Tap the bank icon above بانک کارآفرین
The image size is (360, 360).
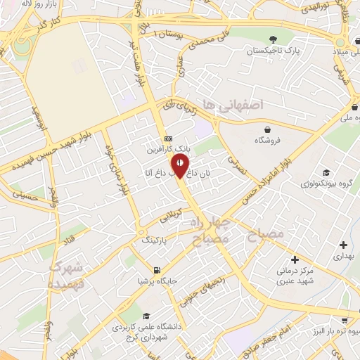167,138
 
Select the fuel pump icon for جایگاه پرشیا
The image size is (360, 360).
156,269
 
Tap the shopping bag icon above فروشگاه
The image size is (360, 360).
268,129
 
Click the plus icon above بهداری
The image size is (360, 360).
343,245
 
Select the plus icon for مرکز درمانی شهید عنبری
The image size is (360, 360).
303,258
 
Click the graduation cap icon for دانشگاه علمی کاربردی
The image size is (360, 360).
146,316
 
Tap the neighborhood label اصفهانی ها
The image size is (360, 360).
231,104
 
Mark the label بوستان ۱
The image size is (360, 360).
173,34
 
